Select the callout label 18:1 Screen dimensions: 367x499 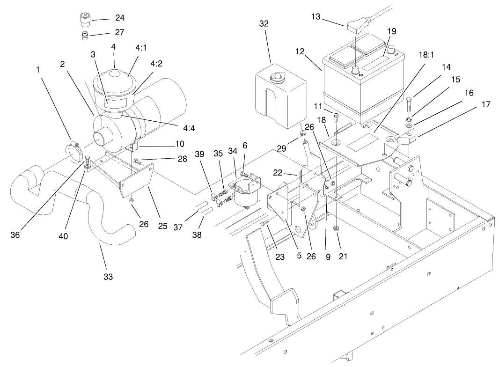pyautogui.click(x=426, y=54)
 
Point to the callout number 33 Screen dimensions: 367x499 pyautogui.click(x=109, y=277)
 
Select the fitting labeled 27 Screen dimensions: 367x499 pyautogui.click(x=83, y=34)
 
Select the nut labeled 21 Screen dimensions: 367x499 pyautogui.click(x=337, y=228)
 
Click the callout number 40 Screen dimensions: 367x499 pyautogui.click(x=63, y=236)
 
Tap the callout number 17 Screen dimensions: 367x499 pyautogui.click(x=486, y=104)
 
